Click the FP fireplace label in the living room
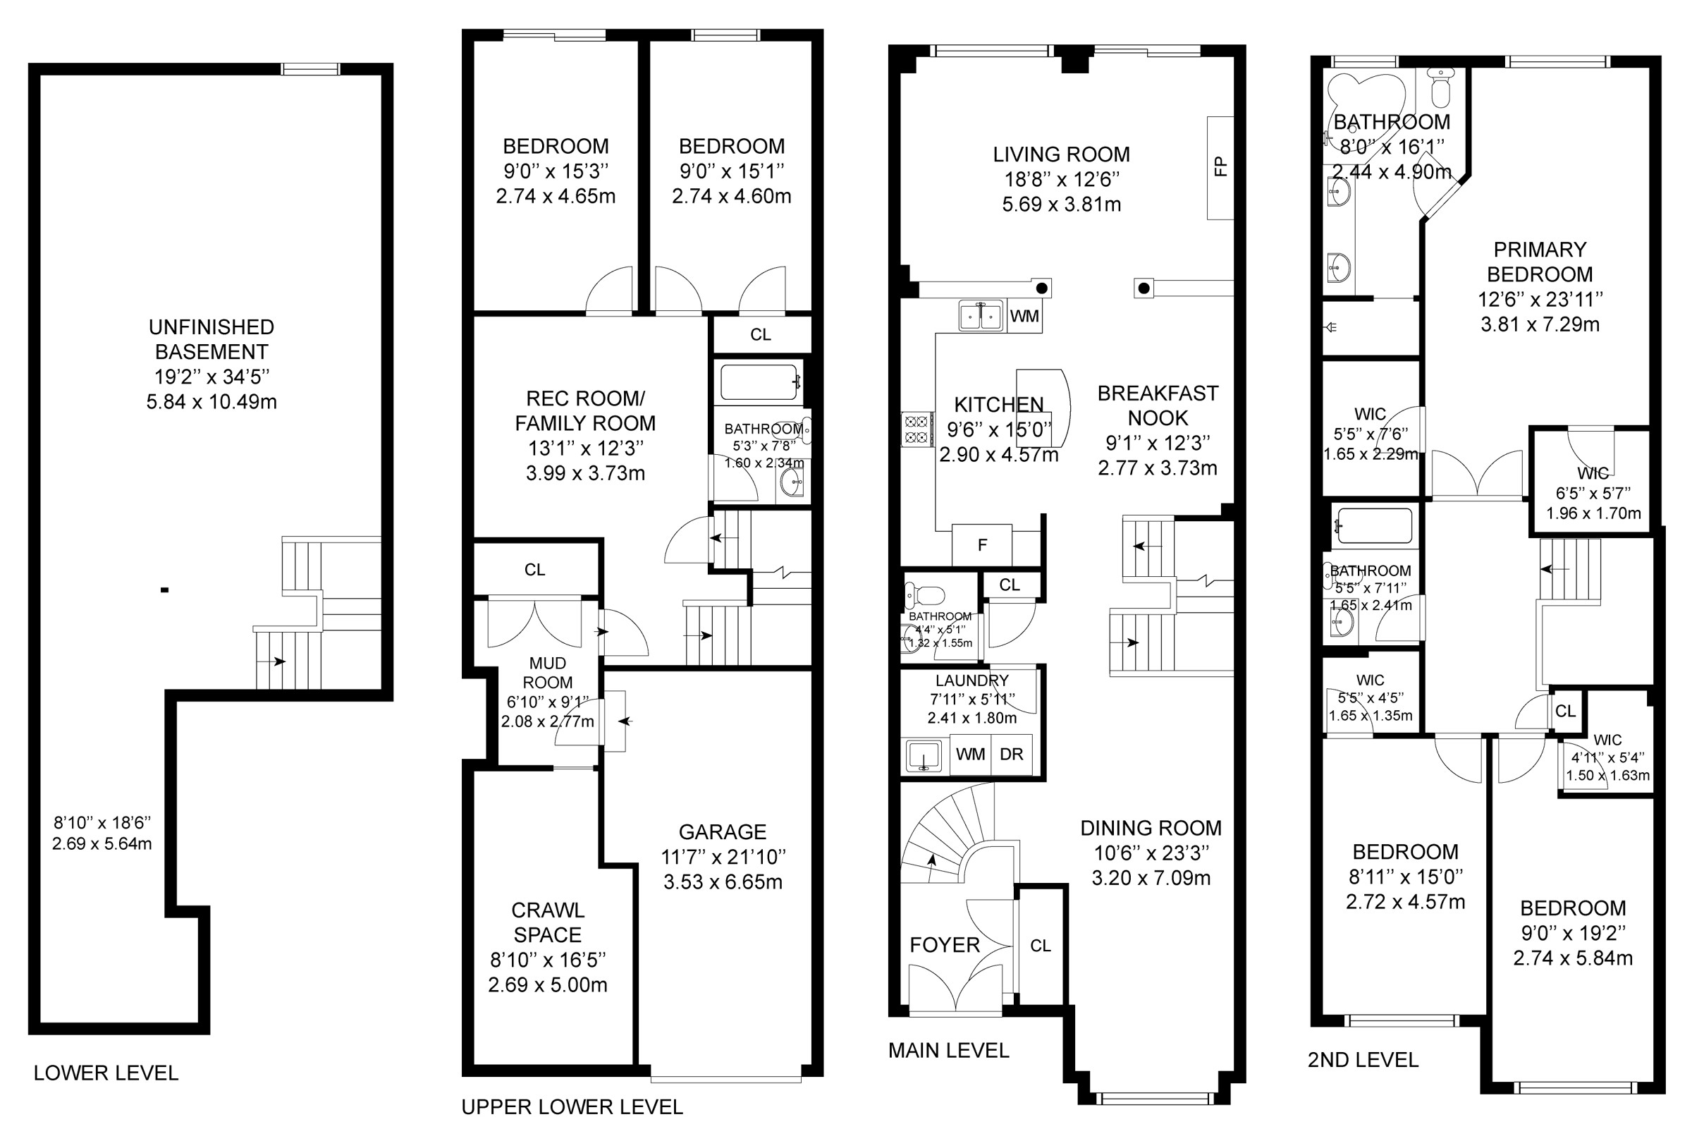pos(1220,166)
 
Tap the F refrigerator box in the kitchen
pos(982,545)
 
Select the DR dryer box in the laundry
pos(1011,755)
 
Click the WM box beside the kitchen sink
pos(1024,316)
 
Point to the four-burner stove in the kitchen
pos(916,429)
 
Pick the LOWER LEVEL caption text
pos(106,1073)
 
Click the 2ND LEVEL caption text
pos(1363,1059)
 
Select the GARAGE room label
pos(723,831)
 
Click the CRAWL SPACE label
pos(547,922)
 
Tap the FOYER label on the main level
pos(945,944)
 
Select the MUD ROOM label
pos(548,673)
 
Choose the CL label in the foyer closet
pos(1040,945)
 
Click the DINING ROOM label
pos(1151,828)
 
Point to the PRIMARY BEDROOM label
pos(1540,262)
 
